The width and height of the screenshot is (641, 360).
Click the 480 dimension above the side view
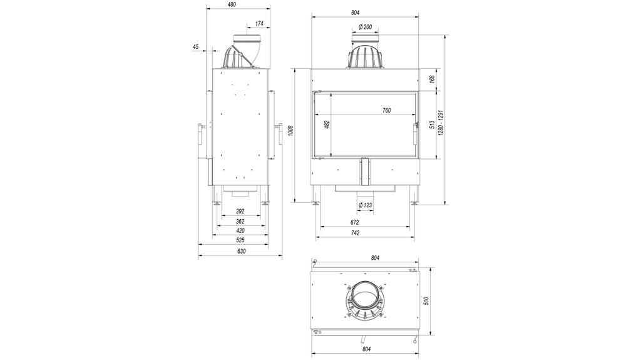pos(232,4)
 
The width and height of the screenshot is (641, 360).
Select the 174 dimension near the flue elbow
pos(259,24)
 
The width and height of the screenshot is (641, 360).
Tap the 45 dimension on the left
pos(195,47)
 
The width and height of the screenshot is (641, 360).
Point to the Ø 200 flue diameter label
pos(366,26)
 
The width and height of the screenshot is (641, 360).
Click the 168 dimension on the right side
pos(432,79)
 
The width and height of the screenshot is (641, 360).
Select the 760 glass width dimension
pos(386,110)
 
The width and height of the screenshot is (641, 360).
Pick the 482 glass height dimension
pos(326,124)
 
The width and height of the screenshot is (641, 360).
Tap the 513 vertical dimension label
pos(432,124)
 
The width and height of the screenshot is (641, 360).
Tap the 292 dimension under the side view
pos(240,212)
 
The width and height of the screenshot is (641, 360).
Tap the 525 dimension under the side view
pos(240,240)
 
